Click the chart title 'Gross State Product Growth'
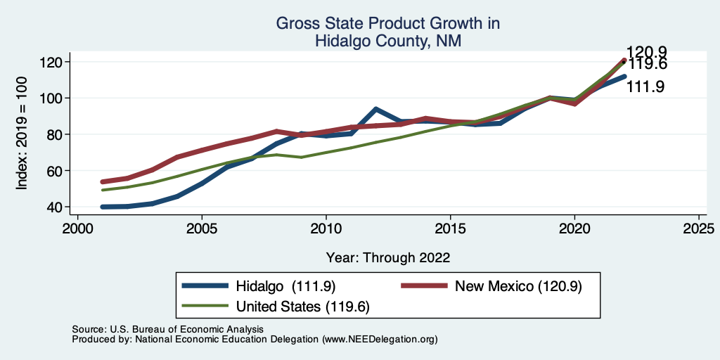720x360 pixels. pos(387,24)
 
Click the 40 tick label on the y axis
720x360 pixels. pos(57,207)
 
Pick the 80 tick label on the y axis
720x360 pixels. pos(57,134)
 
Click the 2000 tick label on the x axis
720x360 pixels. pos(77,230)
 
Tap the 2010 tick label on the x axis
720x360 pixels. pos(326,230)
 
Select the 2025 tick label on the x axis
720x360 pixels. pos(699,230)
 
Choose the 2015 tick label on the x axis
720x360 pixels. pos(450,230)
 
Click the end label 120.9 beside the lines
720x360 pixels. pos(647,52)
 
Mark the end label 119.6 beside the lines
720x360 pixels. pos(647,65)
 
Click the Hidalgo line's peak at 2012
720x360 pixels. pos(375,109)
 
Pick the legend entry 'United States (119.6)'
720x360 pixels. pos(303,306)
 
